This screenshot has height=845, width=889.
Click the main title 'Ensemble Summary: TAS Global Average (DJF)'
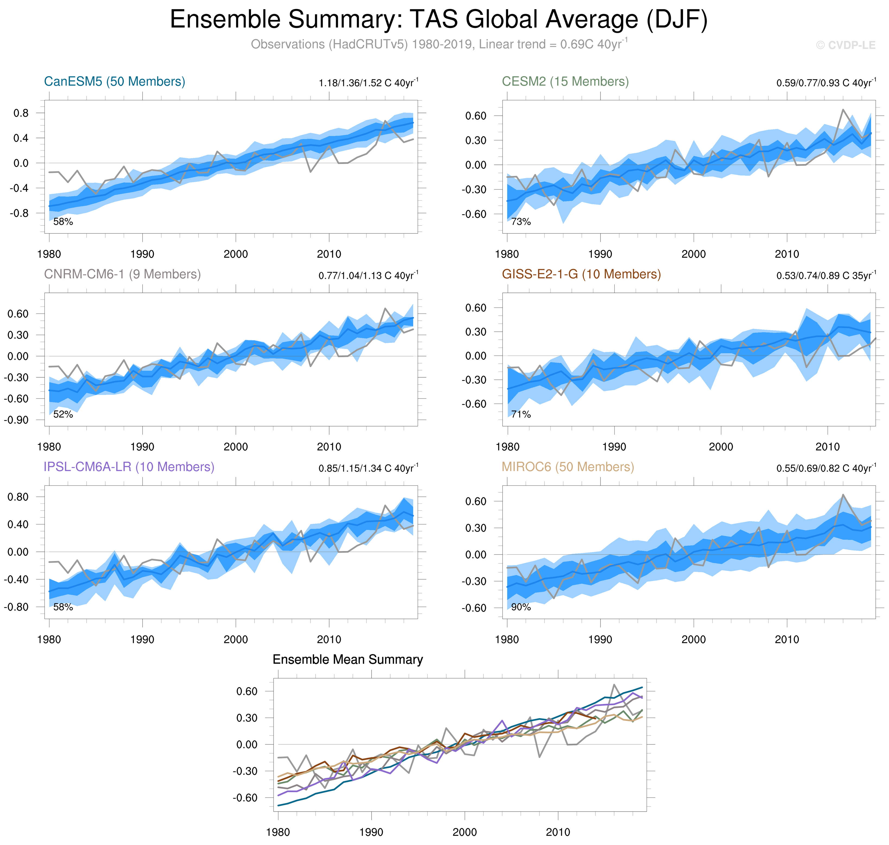(438, 20)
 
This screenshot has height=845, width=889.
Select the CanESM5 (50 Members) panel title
(115, 81)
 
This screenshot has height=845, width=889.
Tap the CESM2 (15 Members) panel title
(565, 81)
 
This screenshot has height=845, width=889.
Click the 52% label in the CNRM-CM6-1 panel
(63, 414)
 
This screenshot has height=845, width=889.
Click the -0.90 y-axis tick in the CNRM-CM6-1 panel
(16, 420)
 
